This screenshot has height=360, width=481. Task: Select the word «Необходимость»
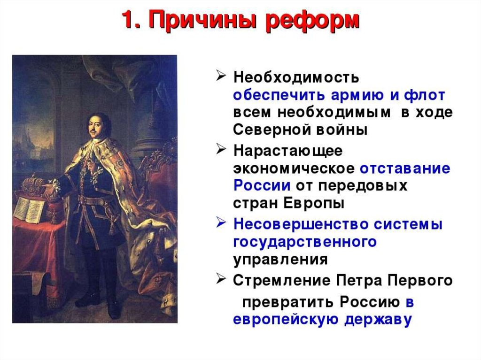[x=296, y=77]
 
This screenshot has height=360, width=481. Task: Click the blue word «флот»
[x=425, y=95]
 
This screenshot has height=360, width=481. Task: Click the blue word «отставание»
[x=405, y=169]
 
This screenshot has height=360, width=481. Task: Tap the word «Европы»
[x=314, y=203]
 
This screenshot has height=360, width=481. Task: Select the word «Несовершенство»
[x=301, y=224]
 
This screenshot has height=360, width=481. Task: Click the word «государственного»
[x=305, y=242]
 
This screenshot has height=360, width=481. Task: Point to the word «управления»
[x=280, y=260]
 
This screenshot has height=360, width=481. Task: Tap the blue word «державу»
[x=378, y=320]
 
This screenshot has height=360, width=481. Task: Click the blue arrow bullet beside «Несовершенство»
[x=221, y=222]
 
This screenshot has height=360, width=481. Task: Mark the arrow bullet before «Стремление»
[x=221, y=279]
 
